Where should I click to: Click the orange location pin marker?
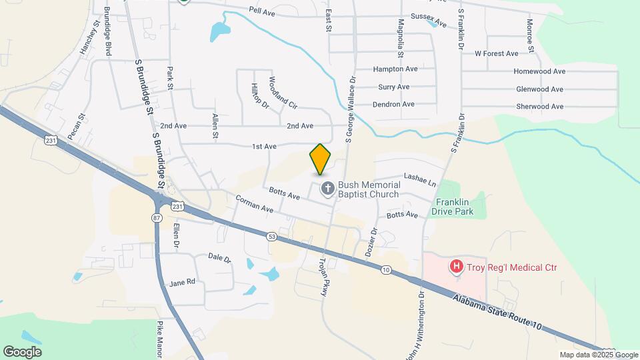tap(321, 159)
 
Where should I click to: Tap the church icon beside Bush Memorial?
tap(327, 189)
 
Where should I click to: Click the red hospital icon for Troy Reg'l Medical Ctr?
tap(457, 267)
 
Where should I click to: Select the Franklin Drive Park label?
tap(454, 207)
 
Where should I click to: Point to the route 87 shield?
tap(157, 218)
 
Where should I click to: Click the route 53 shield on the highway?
tap(271, 236)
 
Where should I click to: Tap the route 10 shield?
tap(386, 269)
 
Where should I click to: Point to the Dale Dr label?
tap(219, 257)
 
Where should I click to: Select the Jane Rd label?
tap(182, 282)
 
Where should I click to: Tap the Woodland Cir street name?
tap(283, 93)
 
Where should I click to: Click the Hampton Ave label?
tap(395, 69)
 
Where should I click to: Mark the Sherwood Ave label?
tap(540, 107)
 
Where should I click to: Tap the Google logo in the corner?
tap(22, 351)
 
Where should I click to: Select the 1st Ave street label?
tap(264, 146)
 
